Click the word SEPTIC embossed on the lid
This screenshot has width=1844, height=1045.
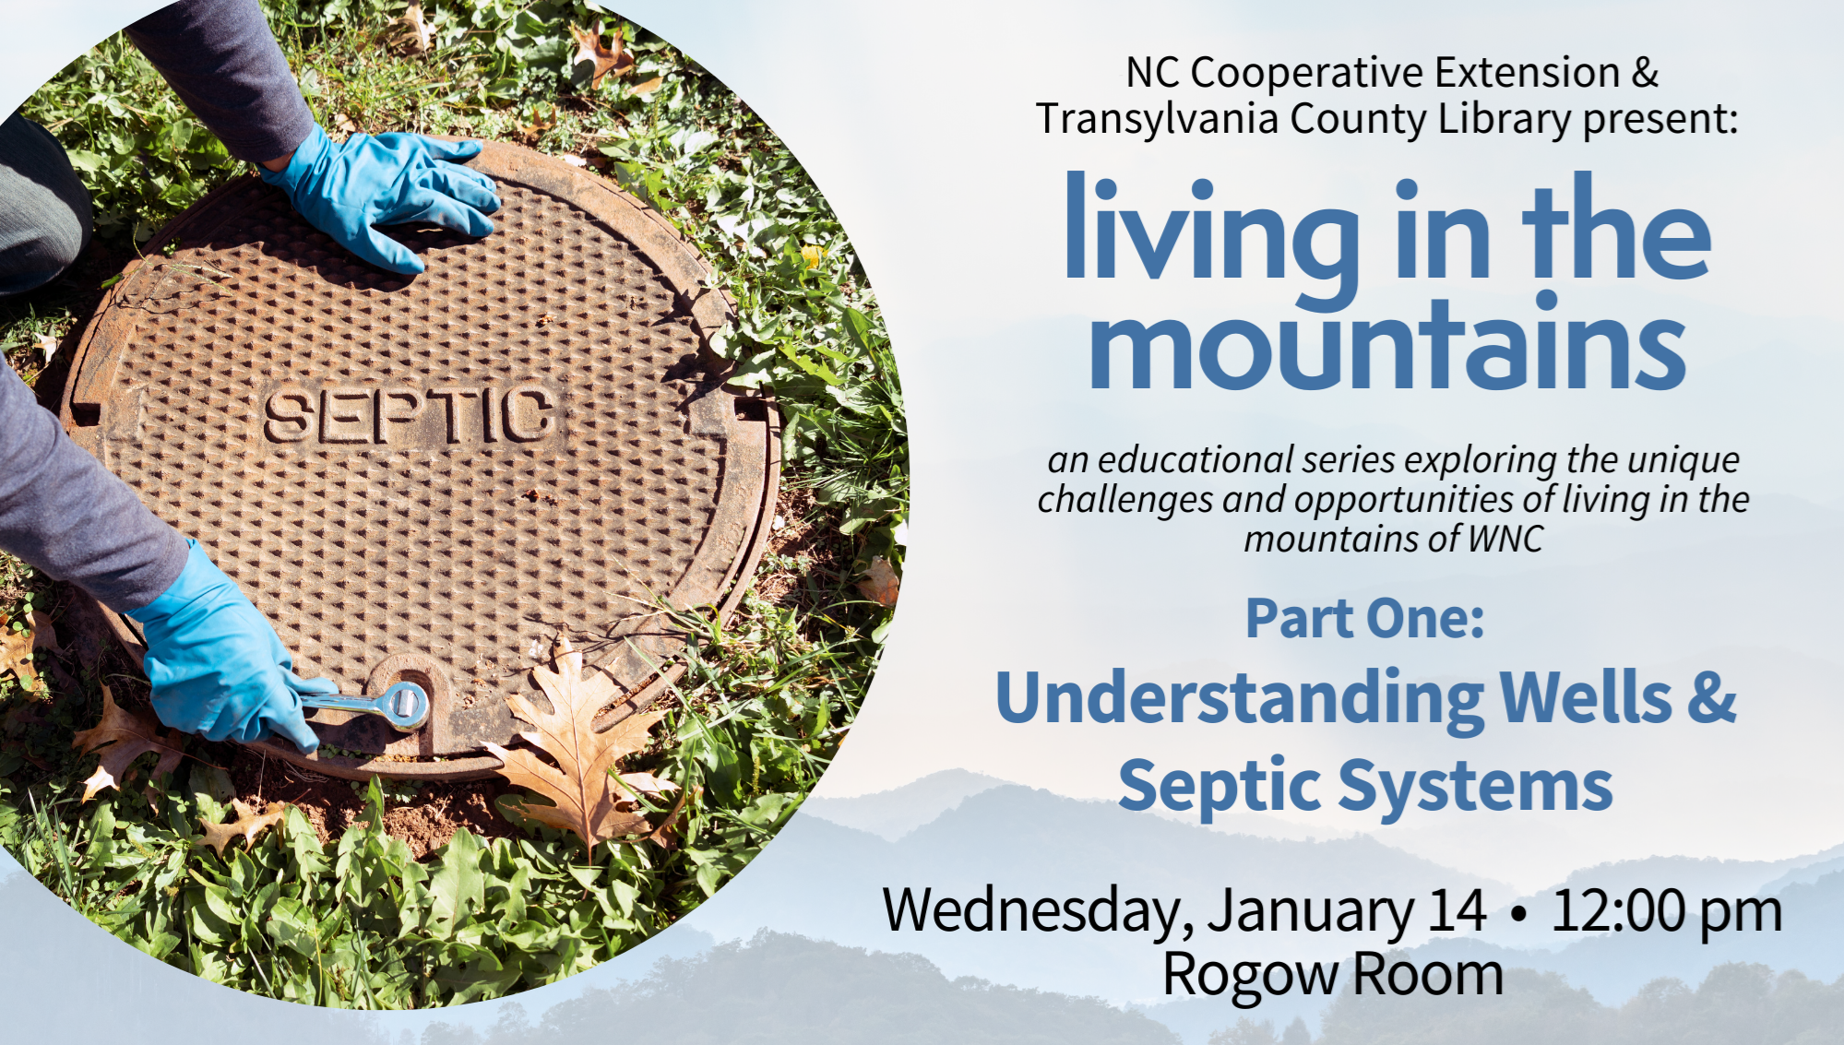click(x=410, y=415)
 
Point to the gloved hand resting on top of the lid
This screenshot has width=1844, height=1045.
click(x=387, y=198)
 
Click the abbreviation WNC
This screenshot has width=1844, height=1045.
click(x=1505, y=539)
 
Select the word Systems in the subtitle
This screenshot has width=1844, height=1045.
click(x=1475, y=787)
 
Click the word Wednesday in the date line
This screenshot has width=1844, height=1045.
click(x=1031, y=911)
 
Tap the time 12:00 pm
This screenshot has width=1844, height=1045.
click(x=1666, y=911)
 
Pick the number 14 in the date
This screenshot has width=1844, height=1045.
click(x=1457, y=910)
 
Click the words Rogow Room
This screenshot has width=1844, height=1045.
click(x=1333, y=975)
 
